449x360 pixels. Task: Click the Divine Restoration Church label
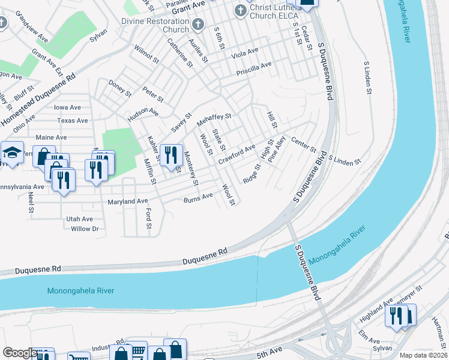tap(155, 25)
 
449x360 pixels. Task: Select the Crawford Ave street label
tap(237, 154)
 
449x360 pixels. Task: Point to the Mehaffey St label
tap(214, 119)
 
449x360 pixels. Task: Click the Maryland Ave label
tap(127, 202)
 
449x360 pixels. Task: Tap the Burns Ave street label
tap(198, 197)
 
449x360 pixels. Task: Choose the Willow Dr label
tap(85, 229)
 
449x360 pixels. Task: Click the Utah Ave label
tap(79, 219)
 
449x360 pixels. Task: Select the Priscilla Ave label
tap(254, 67)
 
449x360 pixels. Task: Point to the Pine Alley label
tap(277, 152)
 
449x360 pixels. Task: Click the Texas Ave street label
tap(73, 121)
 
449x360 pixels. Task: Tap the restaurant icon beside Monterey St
tap(171, 155)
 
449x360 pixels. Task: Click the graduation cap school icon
tap(11, 154)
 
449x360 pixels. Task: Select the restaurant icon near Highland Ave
tap(396, 316)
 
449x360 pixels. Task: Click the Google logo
tap(20, 353)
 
